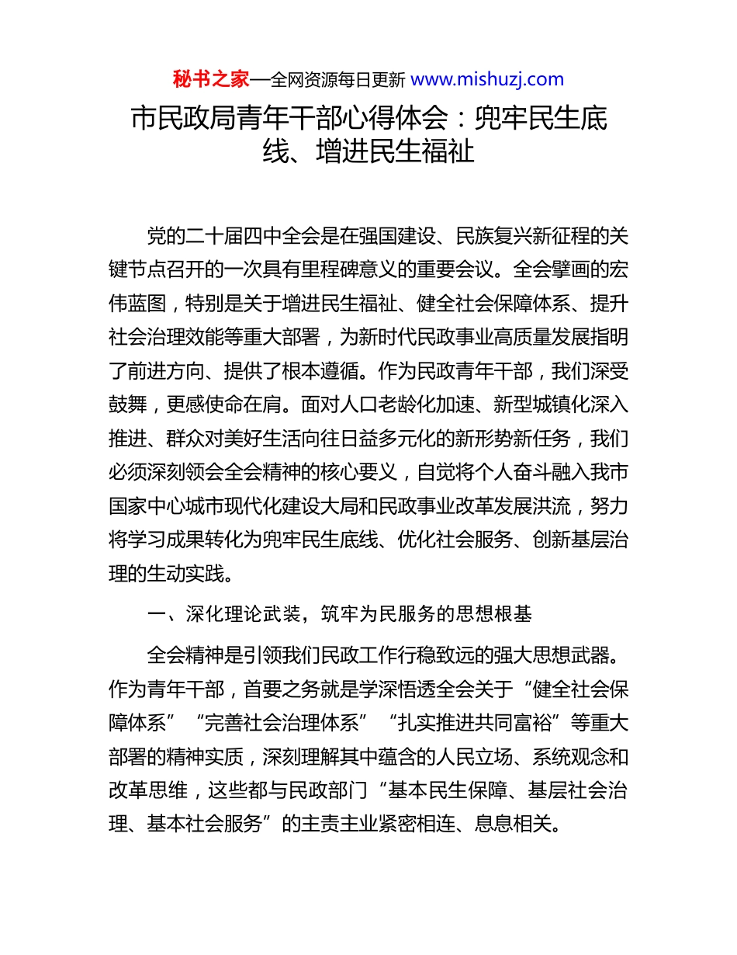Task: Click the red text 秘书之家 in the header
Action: pos(210,78)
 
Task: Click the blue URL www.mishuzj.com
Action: pos(486,78)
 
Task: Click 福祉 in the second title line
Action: pos(448,150)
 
